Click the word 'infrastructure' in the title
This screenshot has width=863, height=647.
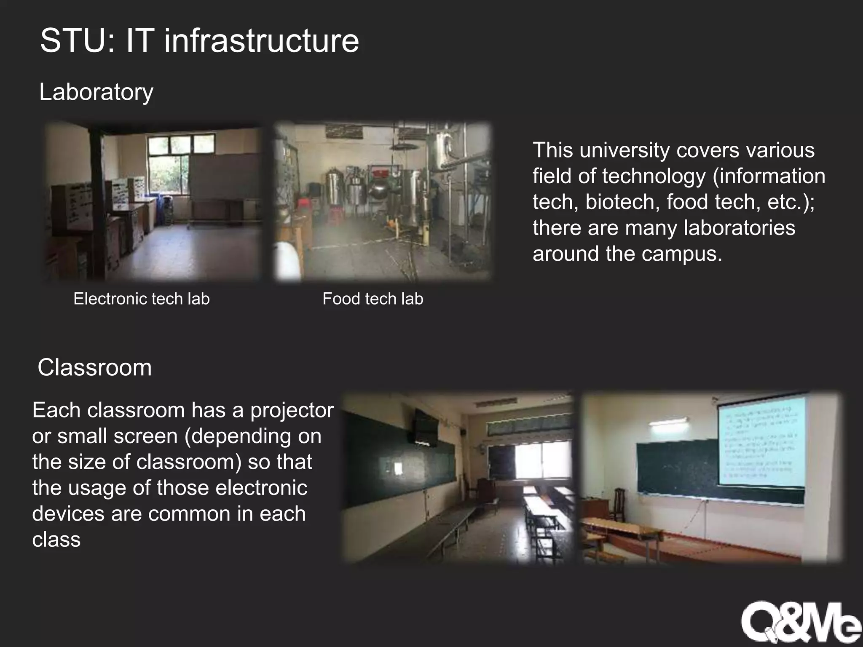[261, 41]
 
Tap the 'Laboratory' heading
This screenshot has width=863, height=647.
[96, 92]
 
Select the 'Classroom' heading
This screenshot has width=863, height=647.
[94, 367]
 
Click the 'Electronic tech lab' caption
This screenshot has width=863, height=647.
[142, 299]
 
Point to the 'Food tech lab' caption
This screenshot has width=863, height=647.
[373, 299]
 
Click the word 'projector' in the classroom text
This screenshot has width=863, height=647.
[292, 410]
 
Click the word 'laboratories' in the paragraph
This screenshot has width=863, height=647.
[739, 228]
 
